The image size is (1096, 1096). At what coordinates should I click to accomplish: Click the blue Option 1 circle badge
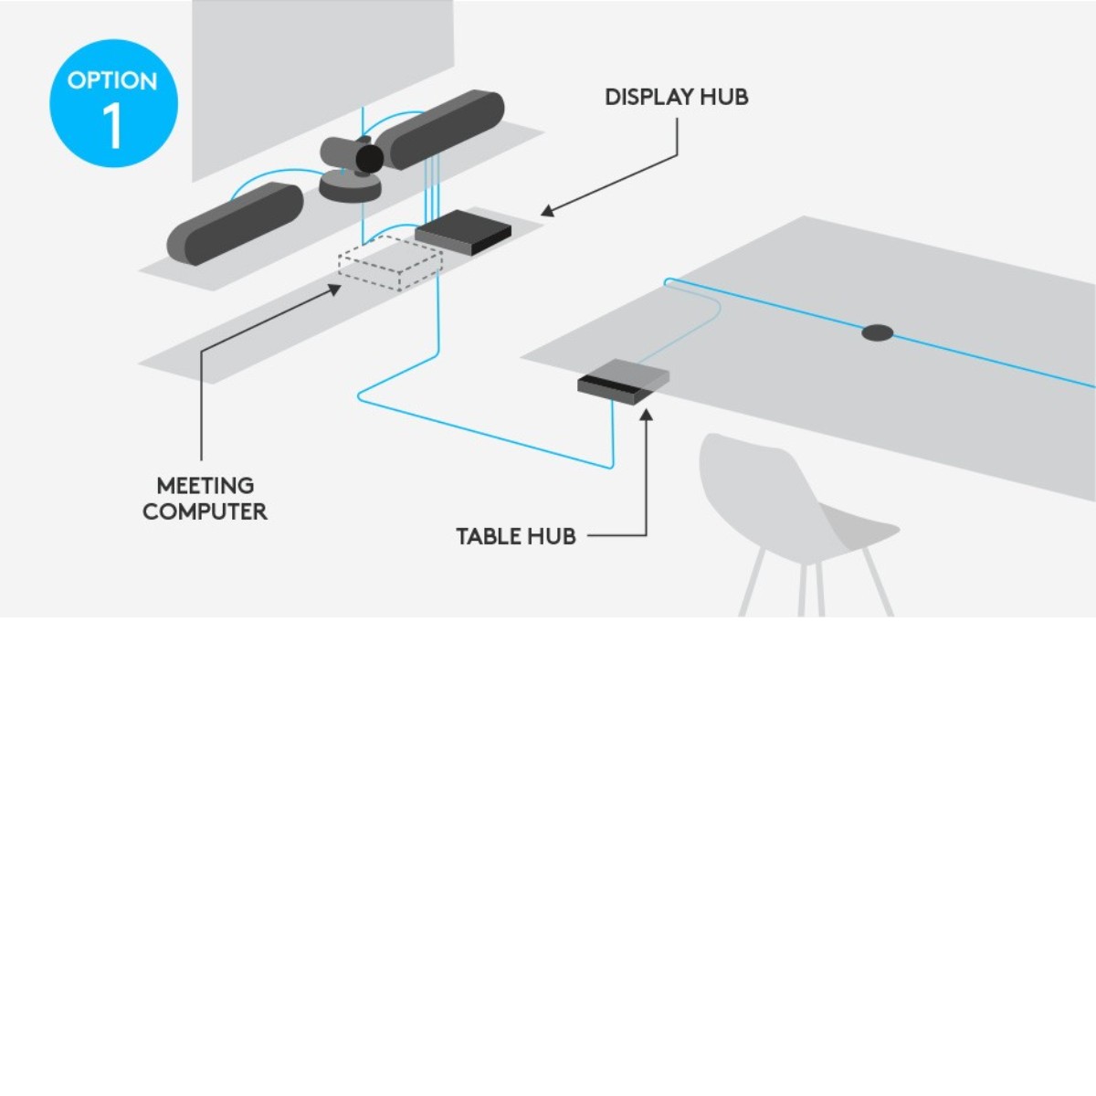click(x=113, y=103)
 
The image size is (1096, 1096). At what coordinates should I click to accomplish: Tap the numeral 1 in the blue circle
click(x=112, y=126)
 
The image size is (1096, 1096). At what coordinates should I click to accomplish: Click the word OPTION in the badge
click(x=112, y=80)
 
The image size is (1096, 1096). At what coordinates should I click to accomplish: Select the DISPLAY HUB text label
click(x=676, y=97)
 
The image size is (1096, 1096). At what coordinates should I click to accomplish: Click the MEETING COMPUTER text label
click(x=205, y=499)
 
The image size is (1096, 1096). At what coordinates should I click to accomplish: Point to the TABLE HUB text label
click(x=515, y=536)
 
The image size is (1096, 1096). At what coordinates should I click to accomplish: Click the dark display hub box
click(x=463, y=232)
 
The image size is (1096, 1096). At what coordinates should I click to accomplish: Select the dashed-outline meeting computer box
click(x=390, y=263)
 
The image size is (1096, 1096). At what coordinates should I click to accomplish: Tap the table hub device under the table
click(x=623, y=379)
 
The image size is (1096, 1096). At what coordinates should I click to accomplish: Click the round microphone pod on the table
click(x=877, y=332)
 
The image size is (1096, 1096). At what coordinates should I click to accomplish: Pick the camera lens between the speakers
click(x=369, y=159)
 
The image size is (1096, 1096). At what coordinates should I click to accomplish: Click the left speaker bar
click(x=235, y=223)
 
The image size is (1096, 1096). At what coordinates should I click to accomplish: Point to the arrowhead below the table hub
click(x=646, y=416)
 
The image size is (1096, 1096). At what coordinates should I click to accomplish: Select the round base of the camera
click(x=349, y=187)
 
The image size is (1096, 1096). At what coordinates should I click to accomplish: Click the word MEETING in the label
click(x=205, y=486)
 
